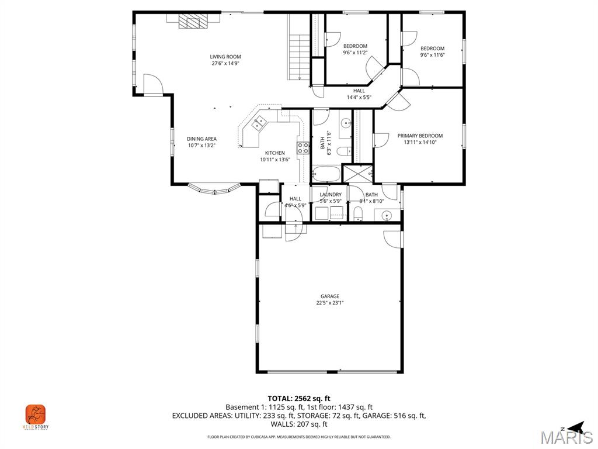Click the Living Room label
tap(225, 57)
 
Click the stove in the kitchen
tap(303, 148)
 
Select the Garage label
tap(329, 296)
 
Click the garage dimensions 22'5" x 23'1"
tap(329, 303)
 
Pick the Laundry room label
tap(330, 195)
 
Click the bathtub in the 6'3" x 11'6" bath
tap(326, 174)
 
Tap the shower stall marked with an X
tap(356, 174)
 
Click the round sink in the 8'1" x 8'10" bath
tap(387, 216)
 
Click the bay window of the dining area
tap(214, 189)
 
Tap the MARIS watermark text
tap(566, 438)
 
